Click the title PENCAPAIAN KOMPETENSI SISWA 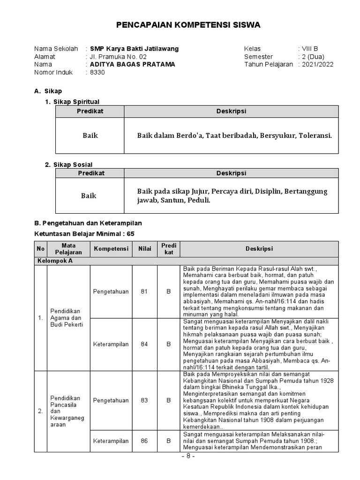tap(187, 24)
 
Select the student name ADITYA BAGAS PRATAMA tap(132, 65)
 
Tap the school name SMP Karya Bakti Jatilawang tap(134, 49)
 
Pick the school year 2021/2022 tap(317, 65)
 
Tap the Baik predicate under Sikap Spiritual tap(90, 135)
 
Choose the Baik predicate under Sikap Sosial tap(89, 195)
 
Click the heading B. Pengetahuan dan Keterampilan tap(88, 223)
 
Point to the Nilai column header tap(144, 249)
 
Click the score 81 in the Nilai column tap(144, 292)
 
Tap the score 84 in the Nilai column tap(144, 344)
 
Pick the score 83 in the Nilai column tap(144, 400)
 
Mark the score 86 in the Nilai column tap(144, 441)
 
